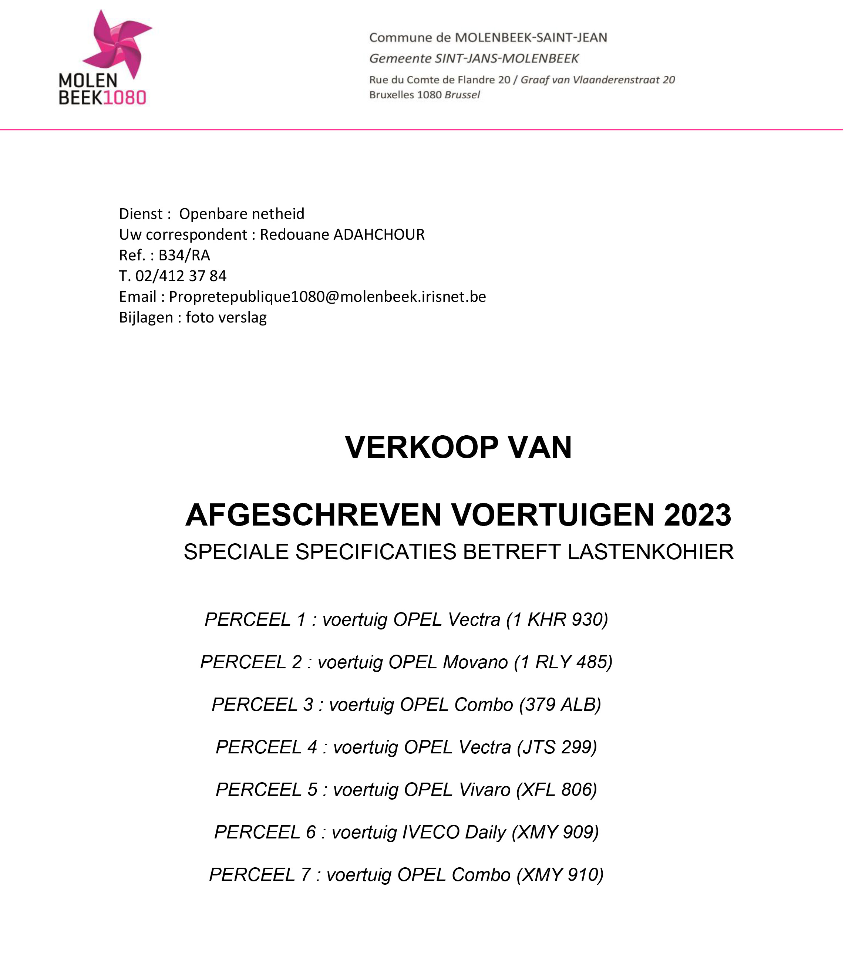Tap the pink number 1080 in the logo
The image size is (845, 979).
click(124, 98)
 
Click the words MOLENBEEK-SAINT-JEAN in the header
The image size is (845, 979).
click(531, 38)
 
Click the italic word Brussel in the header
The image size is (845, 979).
click(462, 95)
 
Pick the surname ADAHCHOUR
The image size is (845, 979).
click(379, 235)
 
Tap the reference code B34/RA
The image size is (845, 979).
click(184, 256)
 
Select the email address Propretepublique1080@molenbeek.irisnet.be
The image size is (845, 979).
click(327, 297)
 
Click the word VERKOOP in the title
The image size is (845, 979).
click(421, 448)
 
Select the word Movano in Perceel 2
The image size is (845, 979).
click(475, 662)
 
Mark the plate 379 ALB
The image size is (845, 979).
click(560, 705)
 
